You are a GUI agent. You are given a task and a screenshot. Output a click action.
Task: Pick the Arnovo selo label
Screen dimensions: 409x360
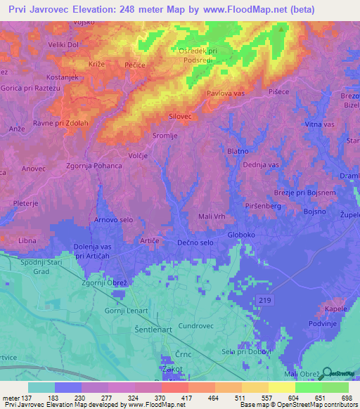coord(114,220)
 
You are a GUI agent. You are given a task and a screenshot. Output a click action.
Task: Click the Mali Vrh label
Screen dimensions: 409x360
coord(212,216)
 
